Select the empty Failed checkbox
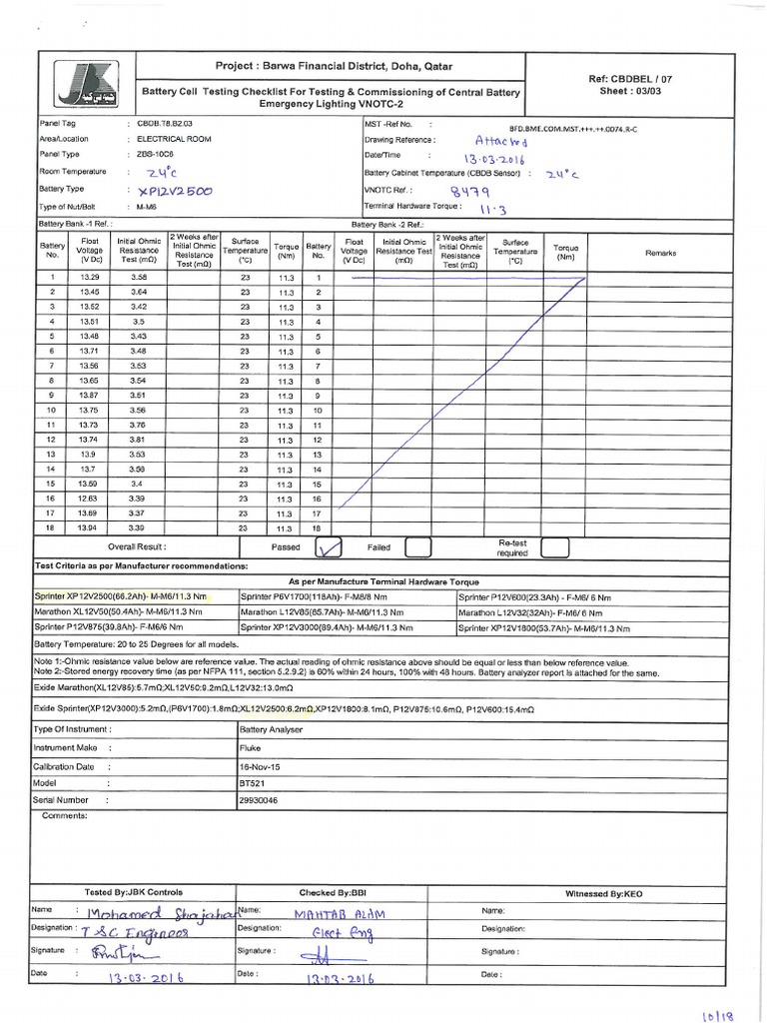tap(418, 547)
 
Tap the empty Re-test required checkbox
tap(555, 547)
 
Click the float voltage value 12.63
tap(89, 499)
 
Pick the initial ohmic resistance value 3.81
tap(139, 440)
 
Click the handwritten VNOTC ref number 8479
tap(469, 190)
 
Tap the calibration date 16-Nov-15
tap(261, 766)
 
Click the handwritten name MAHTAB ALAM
tap(338, 913)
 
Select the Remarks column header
tap(660, 253)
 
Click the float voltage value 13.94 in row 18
tap(89, 527)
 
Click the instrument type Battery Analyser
tap(270, 731)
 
